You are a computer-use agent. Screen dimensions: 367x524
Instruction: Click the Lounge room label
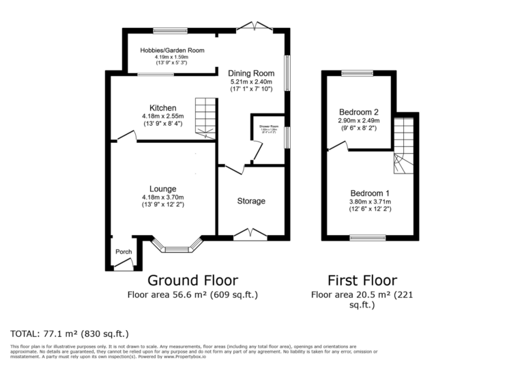click(163, 189)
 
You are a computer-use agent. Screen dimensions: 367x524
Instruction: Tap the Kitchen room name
click(163, 108)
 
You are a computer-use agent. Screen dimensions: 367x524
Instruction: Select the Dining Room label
click(251, 73)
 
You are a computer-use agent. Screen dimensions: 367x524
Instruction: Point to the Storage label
click(251, 201)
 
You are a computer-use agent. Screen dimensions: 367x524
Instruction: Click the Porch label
click(123, 252)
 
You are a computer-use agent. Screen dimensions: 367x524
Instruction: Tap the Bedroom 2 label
click(359, 111)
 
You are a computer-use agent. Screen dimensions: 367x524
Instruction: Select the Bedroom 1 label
click(369, 193)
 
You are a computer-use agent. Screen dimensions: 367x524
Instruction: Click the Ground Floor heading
click(193, 280)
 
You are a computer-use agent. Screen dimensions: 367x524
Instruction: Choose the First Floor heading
click(362, 280)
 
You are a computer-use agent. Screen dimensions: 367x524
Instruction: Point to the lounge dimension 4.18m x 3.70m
click(163, 198)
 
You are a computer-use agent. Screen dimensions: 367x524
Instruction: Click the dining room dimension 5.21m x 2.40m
click(251, 81)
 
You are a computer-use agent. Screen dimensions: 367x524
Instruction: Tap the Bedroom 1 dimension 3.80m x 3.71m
click(369, 202)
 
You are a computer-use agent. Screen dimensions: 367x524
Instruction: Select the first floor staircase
click(404, 144)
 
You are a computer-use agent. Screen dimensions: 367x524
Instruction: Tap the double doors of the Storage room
click(250, 234)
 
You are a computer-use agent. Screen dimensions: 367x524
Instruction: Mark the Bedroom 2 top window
click(358, 73)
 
